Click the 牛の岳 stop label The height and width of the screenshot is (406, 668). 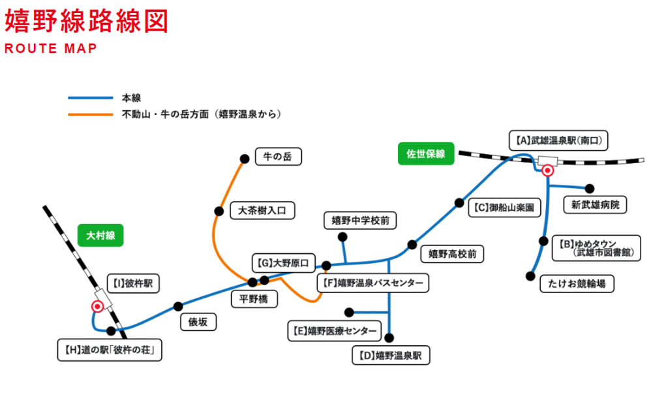click(278, 157)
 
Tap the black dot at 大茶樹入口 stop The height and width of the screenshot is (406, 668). click(218, 210)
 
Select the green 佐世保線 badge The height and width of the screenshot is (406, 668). click(426, 154)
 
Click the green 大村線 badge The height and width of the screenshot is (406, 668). click(100, 235)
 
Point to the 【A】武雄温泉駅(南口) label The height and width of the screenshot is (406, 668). click(558, 140)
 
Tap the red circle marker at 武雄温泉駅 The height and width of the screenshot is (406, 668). click(548, 170)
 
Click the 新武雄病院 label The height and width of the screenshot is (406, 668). click(595, 205)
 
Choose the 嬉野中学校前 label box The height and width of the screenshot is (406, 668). click(360, 221)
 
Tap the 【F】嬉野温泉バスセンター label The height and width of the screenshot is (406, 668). click(373, 283)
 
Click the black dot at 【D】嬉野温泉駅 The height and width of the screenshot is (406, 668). click(390, 337)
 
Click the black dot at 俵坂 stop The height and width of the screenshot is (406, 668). click(178, 306)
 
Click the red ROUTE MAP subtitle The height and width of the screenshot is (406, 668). click(50, 49)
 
